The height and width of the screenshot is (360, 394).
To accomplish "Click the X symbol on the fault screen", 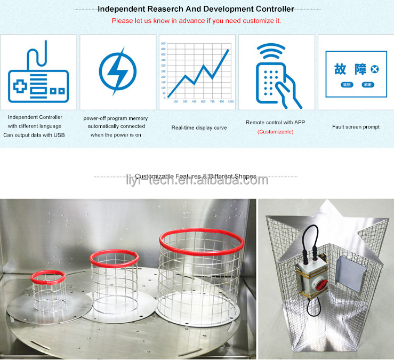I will coord(374,69).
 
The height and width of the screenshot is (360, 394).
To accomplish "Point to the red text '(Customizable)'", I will coord(275,132).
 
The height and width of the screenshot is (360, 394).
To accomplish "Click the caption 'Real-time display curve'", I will coord(199,128).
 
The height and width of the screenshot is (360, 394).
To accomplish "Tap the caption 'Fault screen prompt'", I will coord(356,127).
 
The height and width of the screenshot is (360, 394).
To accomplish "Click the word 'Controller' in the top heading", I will coord(272,9).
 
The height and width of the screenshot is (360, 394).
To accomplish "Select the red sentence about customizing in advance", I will coord(196,21).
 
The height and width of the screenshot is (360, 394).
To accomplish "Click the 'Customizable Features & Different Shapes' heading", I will coord(195,177).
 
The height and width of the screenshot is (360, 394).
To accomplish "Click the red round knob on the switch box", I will coord(309,286).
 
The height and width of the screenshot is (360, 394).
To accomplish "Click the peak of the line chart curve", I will coord(228,50).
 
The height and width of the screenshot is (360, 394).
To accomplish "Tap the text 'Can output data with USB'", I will coord(34,135).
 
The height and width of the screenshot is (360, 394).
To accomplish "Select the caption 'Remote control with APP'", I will coord(275,123).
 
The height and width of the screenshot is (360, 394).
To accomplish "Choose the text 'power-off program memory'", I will coord(116,118).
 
